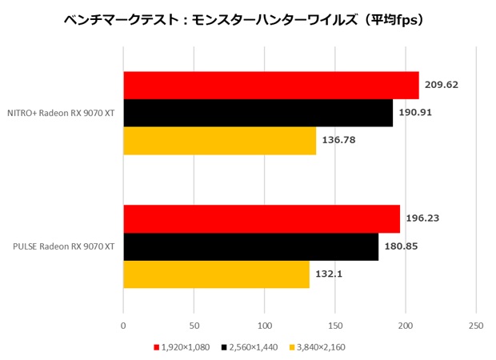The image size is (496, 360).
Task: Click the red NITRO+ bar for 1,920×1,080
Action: click(270, 86)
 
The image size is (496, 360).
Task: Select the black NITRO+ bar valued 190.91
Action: click(258, 113)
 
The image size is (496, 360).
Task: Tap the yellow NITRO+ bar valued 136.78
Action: click(219, 141)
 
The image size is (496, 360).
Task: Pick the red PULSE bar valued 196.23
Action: click(261, 218)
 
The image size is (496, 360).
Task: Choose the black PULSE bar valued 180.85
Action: click(250, 246)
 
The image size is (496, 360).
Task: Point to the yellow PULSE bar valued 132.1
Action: click(216, 274)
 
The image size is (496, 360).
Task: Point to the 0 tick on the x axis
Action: click(123, 326)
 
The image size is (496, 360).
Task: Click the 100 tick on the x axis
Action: click(264, 326)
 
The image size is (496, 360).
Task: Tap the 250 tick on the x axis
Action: click(476, 326)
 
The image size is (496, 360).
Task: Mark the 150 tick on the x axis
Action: click(335, 326)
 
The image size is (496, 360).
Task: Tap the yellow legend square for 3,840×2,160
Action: click(293, 347)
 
